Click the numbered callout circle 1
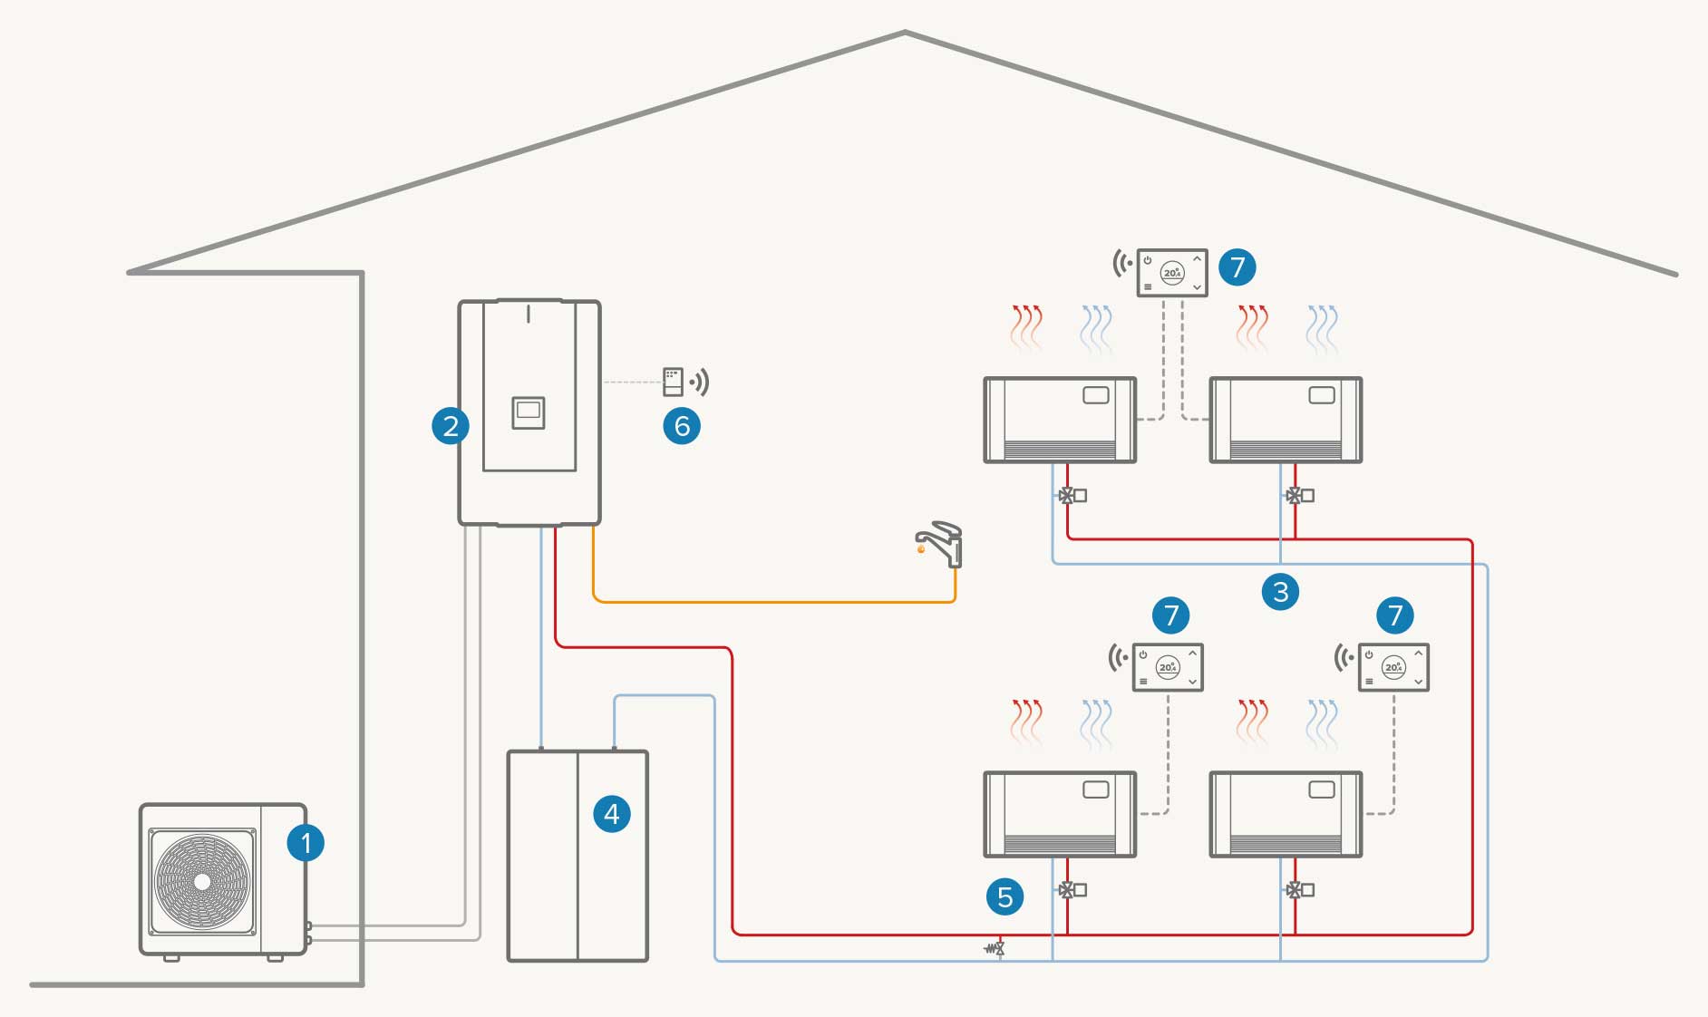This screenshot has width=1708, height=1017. coord(306,843)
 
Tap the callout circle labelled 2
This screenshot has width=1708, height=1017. coord(451,425)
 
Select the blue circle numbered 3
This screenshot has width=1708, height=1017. coord(1280,592)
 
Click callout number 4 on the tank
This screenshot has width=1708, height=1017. coord(612,814)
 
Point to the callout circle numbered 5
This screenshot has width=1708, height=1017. coord(1004,897)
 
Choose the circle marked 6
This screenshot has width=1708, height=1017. coord(682,425)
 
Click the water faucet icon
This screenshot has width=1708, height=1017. coord(941,543)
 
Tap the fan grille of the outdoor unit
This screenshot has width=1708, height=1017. coord(202,881)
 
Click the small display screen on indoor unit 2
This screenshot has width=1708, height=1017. coord(529,412)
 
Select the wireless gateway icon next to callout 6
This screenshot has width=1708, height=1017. coord(673,382)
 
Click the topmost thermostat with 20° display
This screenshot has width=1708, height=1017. coord(1172,272)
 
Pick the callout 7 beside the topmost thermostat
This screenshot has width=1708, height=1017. coord(1237,267)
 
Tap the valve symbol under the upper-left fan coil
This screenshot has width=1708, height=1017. coord(1068,496)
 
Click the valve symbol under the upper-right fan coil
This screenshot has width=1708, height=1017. coord(1295,496)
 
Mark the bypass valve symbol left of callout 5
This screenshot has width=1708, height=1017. coord(996,949)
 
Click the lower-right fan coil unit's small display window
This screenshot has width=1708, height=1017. coord(1322,789)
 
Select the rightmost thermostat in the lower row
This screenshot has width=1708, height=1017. coord(1393,667)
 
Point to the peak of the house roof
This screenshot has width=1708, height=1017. coord(905,33)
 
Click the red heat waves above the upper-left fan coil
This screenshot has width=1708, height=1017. coord(1026,328)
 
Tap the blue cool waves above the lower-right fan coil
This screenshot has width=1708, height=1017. coord(1322,723)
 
